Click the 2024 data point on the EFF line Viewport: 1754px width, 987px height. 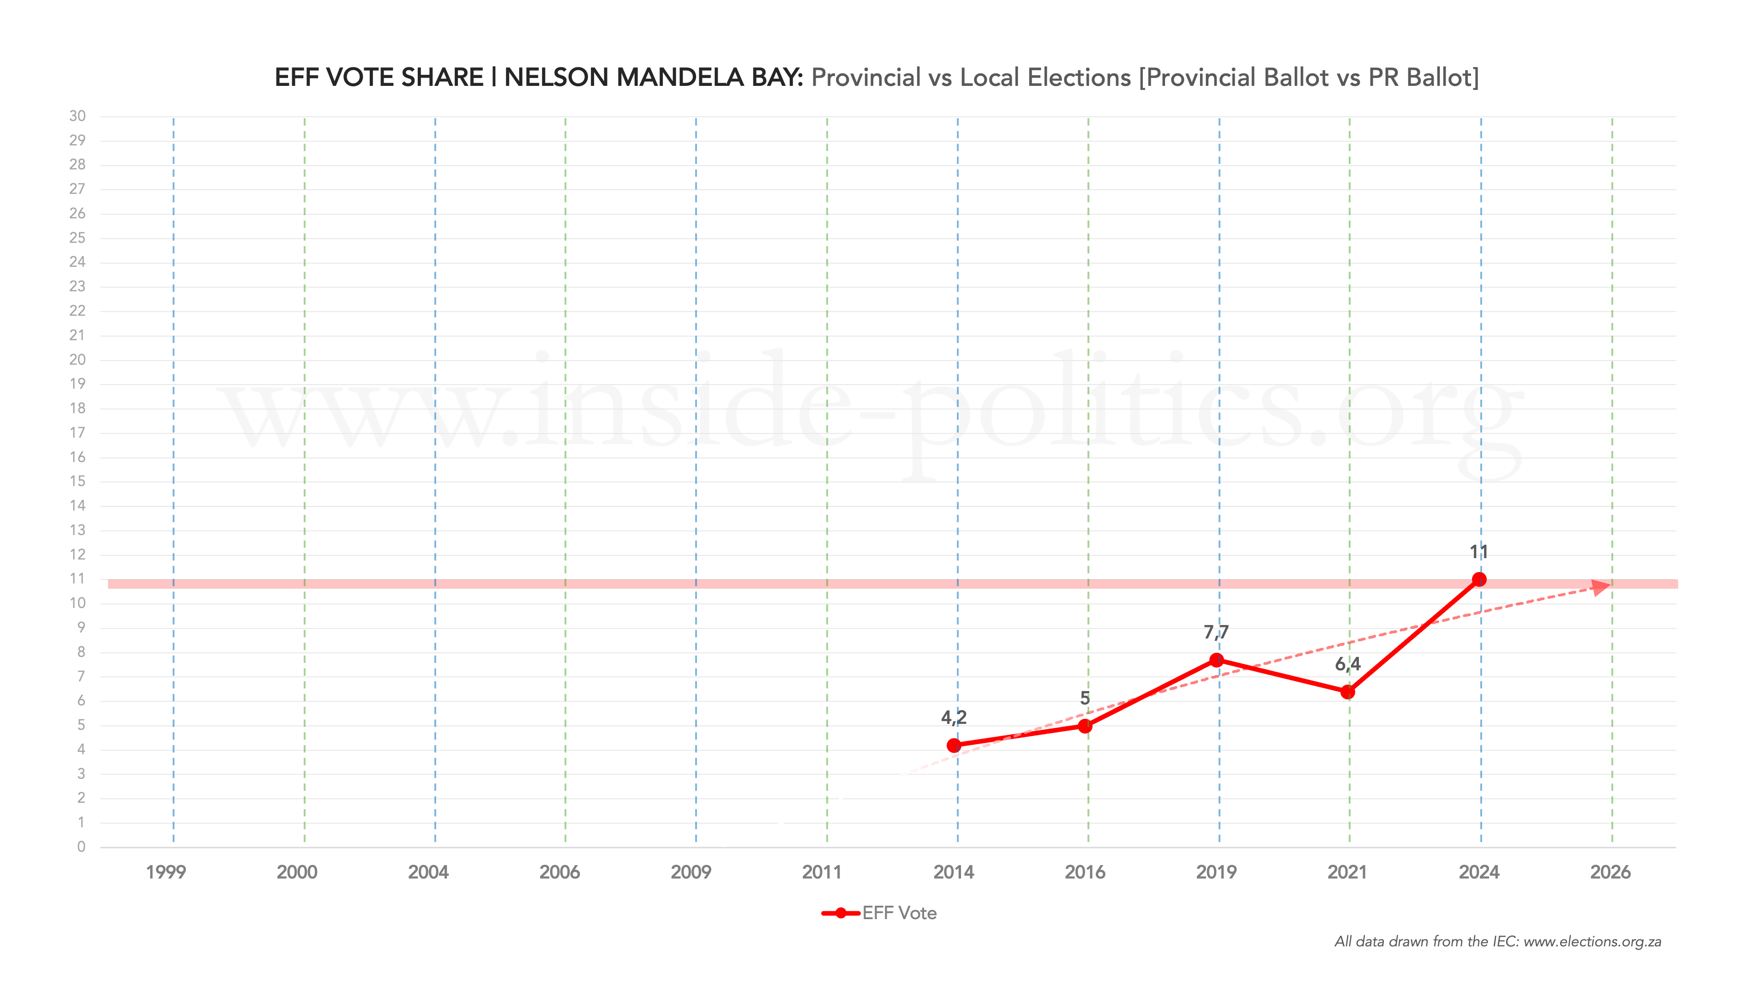point(1479,580)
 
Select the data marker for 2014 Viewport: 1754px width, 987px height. point(954,746)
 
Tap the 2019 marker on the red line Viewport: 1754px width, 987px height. point(1217,660)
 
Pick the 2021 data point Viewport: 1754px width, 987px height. point(1347,692)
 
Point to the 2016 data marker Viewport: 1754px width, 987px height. point(1085,726)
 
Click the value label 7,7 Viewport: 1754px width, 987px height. point(1216,632)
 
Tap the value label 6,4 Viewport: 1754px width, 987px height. point(1347,664)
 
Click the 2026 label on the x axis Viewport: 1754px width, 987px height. point(1610,872)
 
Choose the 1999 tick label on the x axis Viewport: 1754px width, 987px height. point(166,872)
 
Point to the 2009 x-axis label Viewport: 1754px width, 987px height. point(691,872)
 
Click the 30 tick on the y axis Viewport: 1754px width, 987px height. point(78,116)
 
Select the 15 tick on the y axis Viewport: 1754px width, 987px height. point(78,481)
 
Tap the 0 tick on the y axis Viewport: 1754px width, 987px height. point(81,847)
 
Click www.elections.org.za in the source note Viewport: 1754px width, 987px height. point(1592,942)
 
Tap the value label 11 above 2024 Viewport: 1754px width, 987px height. point(1478,552)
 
